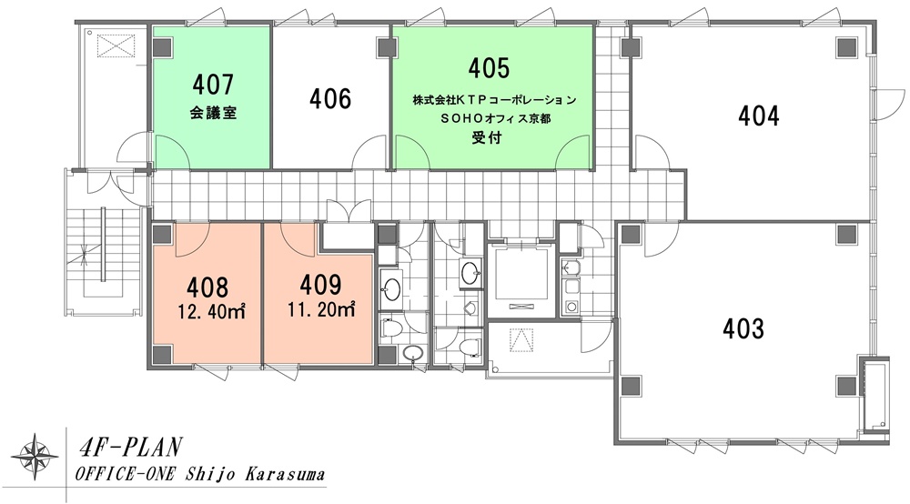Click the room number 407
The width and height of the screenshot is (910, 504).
point(213,85)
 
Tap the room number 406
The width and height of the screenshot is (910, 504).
point(330,98)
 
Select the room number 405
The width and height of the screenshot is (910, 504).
point(489,68)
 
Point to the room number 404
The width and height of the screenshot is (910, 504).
point(759,116)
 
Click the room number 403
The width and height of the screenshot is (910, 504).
point(743,328)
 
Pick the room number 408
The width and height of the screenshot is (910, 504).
point(207,287)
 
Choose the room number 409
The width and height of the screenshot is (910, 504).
point(320,285)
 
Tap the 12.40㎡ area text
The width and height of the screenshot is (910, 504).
point(211,313)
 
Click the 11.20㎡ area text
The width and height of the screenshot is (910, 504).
point(321,309)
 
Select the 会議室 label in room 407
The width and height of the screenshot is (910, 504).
point(213,113)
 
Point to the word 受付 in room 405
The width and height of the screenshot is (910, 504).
point(486,138)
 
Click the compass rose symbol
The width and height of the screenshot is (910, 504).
point(35,457)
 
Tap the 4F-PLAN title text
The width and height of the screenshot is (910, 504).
point(130,448)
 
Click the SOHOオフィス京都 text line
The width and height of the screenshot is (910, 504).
point(494,119)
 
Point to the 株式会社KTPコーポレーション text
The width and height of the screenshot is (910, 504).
point(494,100)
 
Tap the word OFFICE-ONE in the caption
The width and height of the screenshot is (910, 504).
point(126,474)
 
